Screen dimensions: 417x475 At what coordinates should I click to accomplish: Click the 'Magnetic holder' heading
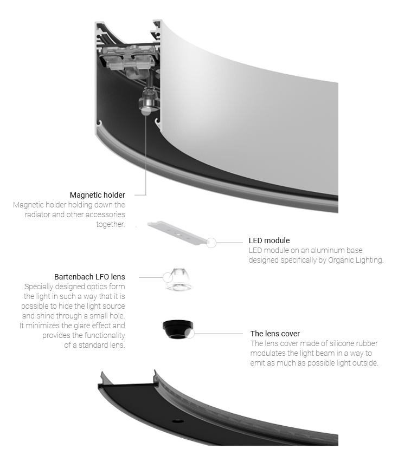pos(98,195)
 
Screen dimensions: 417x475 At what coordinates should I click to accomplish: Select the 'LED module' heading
pos(269,240)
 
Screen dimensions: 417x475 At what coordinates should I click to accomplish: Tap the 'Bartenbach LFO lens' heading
pos(89,277)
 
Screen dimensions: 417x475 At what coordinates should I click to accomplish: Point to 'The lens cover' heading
pos(275,334)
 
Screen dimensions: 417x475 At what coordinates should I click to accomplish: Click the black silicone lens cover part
pos(178,329)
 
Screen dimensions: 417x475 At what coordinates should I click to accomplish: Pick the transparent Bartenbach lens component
pos(179,279)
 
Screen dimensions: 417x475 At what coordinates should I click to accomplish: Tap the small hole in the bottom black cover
pos(177,421)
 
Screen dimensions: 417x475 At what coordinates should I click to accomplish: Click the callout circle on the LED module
pos(211,243)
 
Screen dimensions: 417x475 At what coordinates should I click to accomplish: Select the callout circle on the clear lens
pos(168,277)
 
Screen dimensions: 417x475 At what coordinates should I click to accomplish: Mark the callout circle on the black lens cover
pos(190,334)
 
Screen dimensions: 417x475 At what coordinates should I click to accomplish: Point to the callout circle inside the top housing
pos(146,110)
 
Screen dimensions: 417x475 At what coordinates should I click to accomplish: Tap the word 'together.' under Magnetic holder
pos(111,224)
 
